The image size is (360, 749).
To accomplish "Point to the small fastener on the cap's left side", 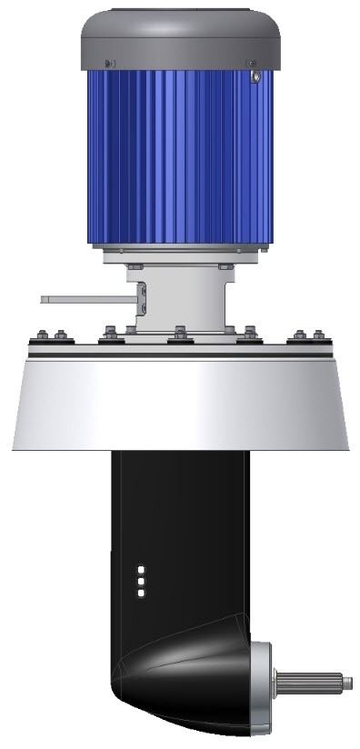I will [109, 64].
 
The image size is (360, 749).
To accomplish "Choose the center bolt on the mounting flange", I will [180, 332].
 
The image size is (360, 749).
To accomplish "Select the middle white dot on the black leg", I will [141, 581].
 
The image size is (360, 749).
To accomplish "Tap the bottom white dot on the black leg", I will [141, 593].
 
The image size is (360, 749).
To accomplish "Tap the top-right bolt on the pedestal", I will [225, 265].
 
